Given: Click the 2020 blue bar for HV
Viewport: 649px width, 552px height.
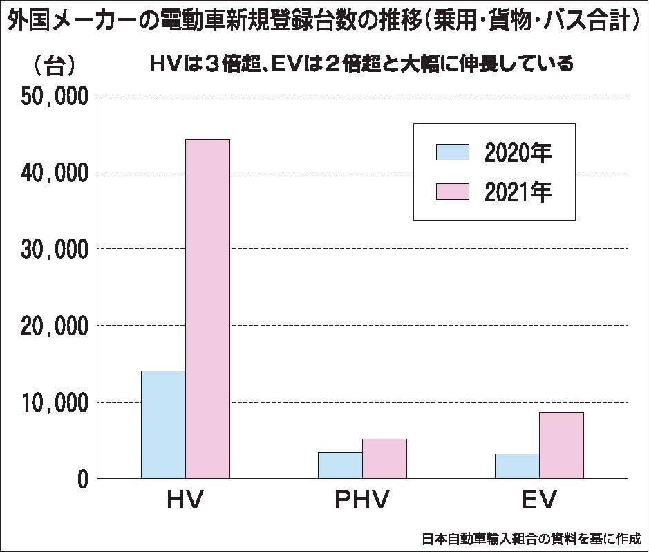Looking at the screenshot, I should (163, 424).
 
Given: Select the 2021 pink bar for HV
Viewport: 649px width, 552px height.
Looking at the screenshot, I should (207, 309).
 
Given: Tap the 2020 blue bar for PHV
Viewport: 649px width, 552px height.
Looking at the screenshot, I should (340, 465).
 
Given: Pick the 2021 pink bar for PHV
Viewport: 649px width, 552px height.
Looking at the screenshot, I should (384, 458).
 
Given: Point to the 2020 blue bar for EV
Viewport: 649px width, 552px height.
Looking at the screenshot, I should (517, 466).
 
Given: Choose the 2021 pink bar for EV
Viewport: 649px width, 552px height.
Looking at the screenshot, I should (561, 445).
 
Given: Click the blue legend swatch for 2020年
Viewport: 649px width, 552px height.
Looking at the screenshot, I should (453, 153).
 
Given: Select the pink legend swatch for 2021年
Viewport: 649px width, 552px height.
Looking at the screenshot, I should (453, 192).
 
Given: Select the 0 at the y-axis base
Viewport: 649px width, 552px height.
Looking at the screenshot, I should (82, 479).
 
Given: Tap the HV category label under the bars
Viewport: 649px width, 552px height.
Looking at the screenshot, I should (185, 499).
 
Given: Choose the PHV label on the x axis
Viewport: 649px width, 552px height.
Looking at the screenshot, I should (362, 499).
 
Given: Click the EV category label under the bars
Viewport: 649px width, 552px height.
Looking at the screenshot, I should (539, 499).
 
